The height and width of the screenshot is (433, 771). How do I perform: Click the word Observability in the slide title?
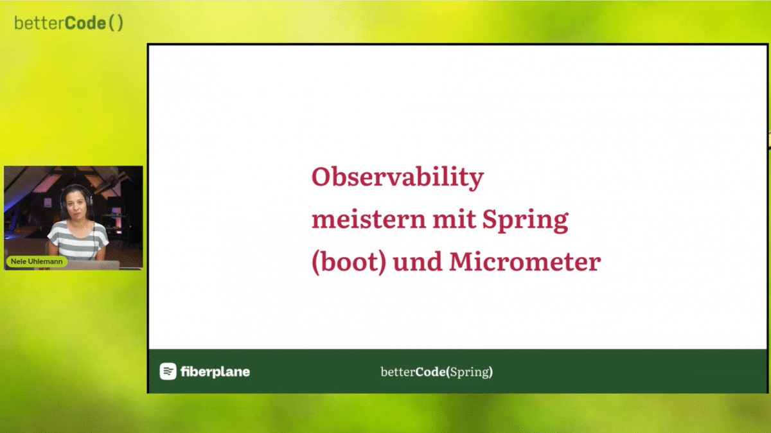click(x=398, y=177)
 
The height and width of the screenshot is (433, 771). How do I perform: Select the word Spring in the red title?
click(x=525, y=221)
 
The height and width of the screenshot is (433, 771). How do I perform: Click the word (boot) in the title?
click(x=349, y=262)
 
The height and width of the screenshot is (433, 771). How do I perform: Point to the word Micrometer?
click(x=526, y=261)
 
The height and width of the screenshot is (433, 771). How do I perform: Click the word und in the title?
click(x=418, y=261)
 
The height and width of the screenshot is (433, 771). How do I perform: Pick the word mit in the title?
click(x=454, y=219)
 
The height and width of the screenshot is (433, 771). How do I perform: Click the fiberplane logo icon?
click(x=168, y=371)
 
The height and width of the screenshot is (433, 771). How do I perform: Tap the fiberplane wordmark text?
click(x=215, y=372)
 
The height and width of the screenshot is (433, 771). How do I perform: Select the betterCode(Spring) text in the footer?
click(x=437, y=372)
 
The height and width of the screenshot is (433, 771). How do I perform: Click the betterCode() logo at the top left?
click(x=69, y=23)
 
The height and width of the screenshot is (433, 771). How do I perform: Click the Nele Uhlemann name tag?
click(x=37, y=261)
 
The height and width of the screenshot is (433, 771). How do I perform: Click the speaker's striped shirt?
click(x=78, y=240)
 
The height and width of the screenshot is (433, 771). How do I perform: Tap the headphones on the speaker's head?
click(x=76, y=198)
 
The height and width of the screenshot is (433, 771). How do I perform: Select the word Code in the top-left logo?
click(x=85, y=23)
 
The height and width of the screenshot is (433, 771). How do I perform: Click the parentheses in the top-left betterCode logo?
click(x=116, y=23)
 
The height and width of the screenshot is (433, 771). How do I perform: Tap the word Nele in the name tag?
click(x=18, y=261)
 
